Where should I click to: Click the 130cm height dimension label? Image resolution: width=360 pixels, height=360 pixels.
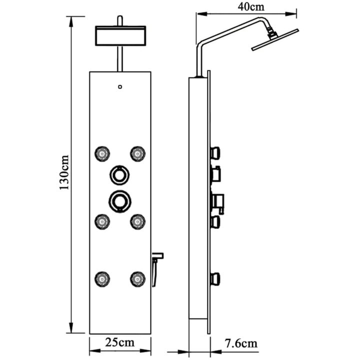point(64,172)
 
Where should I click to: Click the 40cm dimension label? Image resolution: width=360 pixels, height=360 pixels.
point(251,6)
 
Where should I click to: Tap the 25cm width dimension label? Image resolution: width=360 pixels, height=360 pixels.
point(120,342)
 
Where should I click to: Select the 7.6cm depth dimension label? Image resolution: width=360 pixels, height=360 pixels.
point(240,343)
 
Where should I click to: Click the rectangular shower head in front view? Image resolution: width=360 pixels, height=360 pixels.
point(120,35)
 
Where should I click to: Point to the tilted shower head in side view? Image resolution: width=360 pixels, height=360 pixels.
point(275,39)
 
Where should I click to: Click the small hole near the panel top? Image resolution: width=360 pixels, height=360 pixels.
point(120,87)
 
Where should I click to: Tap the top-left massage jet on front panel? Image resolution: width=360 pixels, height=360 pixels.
point(102,154)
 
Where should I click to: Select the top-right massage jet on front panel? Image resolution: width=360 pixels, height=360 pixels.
point(138,154)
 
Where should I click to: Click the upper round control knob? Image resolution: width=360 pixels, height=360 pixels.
point(119,175)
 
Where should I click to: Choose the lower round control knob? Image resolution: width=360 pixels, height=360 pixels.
point(120,201)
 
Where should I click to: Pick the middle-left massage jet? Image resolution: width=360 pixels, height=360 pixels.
point(102,222)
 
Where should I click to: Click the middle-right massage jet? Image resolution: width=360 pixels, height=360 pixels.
point(138,222)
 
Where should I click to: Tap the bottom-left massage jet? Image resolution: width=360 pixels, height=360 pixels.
point(102,279)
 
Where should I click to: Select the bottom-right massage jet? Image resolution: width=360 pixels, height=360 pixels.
point(138,279)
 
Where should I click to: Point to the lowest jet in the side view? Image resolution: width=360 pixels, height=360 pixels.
point(215,279)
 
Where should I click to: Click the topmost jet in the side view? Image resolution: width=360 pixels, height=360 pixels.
point(215,153)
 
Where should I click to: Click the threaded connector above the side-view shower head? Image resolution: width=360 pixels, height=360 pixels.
point(271,33)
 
